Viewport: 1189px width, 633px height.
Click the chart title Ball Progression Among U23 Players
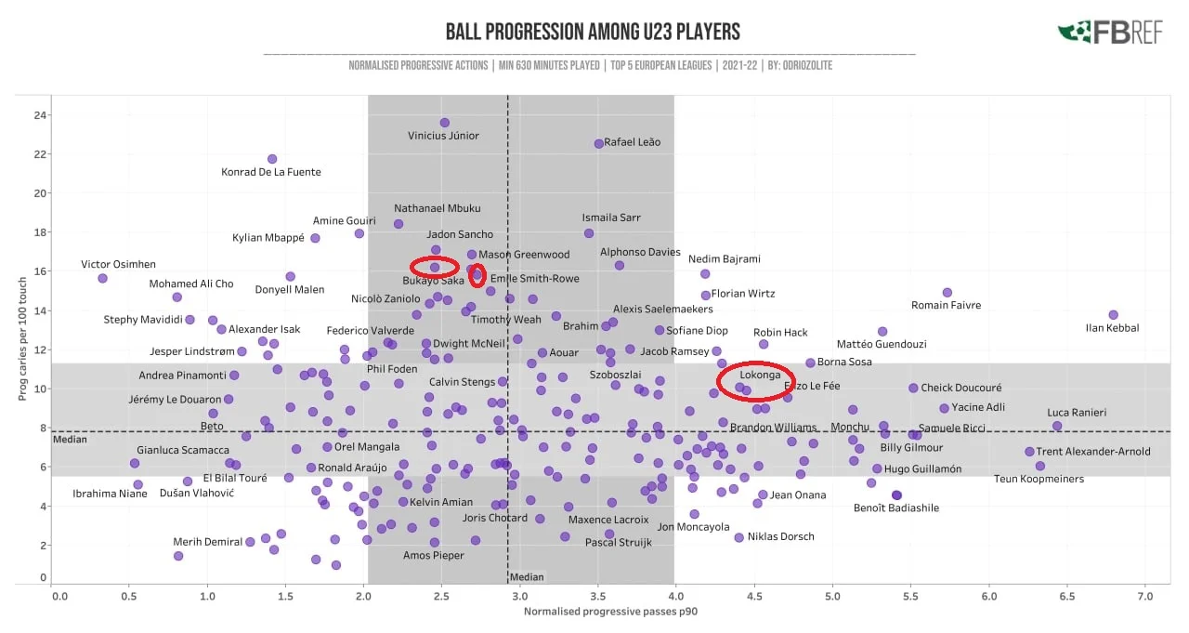(593, 33)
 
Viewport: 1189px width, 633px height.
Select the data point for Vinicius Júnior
(445, 123)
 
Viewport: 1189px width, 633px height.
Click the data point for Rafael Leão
(599, 143)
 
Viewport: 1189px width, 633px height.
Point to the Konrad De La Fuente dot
(272, 159)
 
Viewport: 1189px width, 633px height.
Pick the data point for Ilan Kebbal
(1113, 315)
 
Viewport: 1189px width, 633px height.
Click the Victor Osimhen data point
(102, 278)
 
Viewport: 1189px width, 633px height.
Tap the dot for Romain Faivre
(947, 293)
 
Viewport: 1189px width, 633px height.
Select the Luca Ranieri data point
(1057, 426)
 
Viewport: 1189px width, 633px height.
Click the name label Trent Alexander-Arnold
(1093, 452)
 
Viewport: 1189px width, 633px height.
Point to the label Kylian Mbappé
(268, 238)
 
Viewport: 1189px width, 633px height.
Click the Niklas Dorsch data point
(739, 537)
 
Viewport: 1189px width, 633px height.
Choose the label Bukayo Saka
(434, 281)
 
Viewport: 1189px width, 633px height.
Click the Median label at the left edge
(63, 440)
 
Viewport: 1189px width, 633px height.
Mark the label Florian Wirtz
(741, 294)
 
